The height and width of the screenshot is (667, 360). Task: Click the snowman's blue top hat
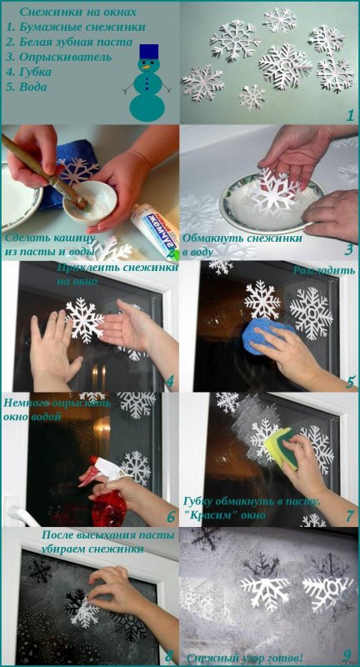click(x=148, y=52)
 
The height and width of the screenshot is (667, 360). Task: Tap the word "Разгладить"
click(x=324, y=270)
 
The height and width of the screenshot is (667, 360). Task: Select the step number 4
click(x=170, y=382)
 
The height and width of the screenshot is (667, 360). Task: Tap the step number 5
click(x=350, y=382)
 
